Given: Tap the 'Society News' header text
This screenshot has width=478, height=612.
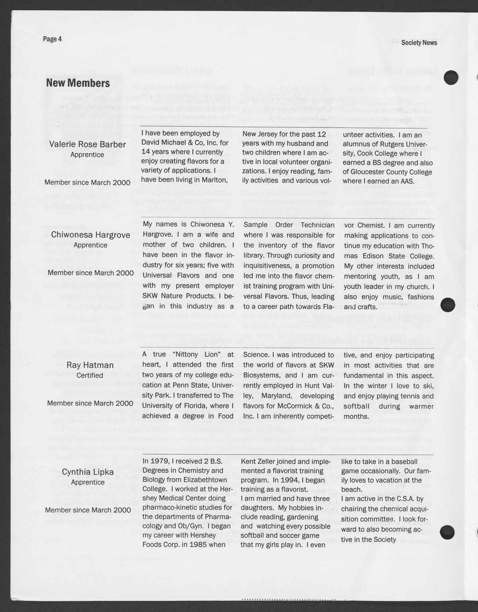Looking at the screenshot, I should (x=419, y=43).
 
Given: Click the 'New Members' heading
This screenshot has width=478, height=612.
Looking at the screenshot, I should (x=78, y=83).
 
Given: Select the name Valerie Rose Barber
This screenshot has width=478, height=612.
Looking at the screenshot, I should (x=87, y=144).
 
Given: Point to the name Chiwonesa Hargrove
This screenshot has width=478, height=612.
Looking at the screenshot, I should (x=90, y=235).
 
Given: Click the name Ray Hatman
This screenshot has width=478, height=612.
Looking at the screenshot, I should (x=90, y=365).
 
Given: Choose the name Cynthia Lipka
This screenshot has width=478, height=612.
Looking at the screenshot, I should (x=88, y=472).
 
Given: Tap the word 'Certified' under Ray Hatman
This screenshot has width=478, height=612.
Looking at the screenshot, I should (x=90, y=375).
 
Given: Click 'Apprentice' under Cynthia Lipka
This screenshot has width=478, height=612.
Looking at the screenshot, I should (x=88, y=482).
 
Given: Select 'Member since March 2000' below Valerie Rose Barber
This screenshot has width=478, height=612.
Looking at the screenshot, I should (x=87, y=182).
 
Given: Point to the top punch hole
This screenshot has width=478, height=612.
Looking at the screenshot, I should (x=451, y=76).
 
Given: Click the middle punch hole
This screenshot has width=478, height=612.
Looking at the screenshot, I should (x=449, y=304).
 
